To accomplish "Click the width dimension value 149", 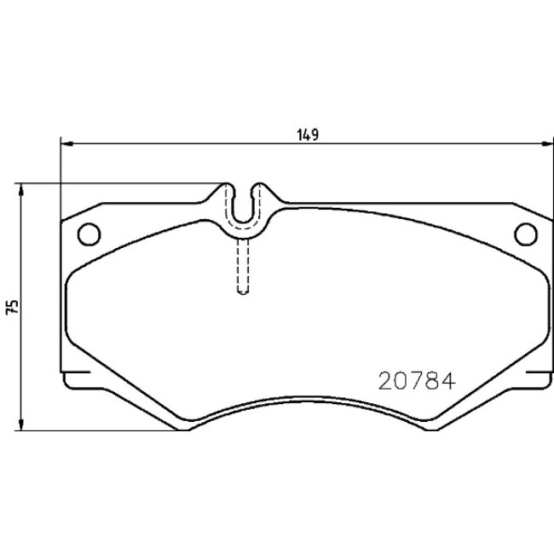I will [309, 134].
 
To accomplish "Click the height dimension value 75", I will [12, 308].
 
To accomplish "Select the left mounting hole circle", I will [89, 233].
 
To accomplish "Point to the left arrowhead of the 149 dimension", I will [66, 143].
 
